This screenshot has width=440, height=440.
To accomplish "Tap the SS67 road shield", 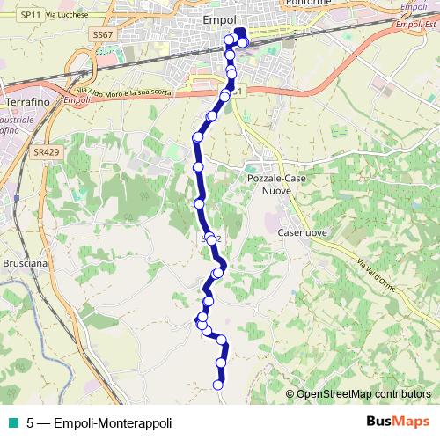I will pos(104,34).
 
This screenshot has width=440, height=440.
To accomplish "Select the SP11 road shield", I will pos(30,15).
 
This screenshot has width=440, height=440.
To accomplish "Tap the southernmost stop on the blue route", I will pos(218,384).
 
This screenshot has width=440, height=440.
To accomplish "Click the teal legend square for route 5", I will pos(11,422).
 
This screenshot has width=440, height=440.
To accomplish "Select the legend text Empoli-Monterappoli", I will pos(113,422).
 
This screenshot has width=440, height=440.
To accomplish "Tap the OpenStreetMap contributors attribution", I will pos(363,393).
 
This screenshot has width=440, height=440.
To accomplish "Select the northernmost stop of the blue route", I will pos(231,39).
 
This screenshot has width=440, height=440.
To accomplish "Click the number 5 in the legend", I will pos(31,422).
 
